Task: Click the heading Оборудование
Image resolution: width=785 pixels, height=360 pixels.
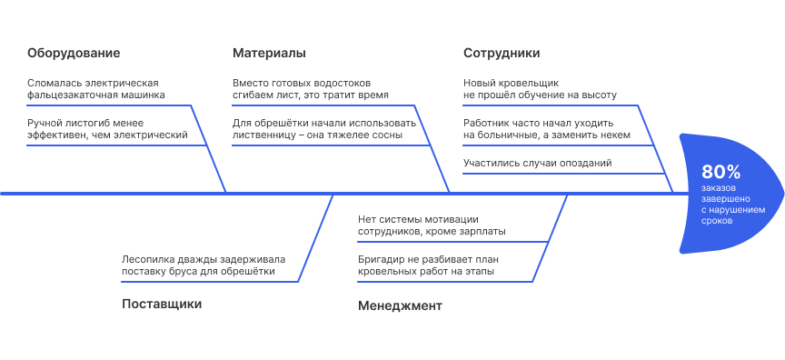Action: [74, 53]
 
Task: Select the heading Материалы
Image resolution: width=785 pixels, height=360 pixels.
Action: [269, 53]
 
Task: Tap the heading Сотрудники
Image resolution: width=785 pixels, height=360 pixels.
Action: [502, 53]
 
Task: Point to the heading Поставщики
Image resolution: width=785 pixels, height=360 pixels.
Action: [162, 304]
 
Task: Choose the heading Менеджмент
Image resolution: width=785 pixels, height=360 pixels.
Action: [400, 305]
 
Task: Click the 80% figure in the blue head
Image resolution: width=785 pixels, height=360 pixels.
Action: [721, 172]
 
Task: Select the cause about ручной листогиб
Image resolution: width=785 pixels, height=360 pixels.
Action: [107, 129]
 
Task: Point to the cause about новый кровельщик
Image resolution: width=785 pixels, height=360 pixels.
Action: [540, 88]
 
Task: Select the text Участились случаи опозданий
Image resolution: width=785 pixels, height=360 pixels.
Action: [537, 164]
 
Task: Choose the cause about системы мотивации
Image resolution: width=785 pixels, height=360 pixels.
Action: [432, 225]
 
